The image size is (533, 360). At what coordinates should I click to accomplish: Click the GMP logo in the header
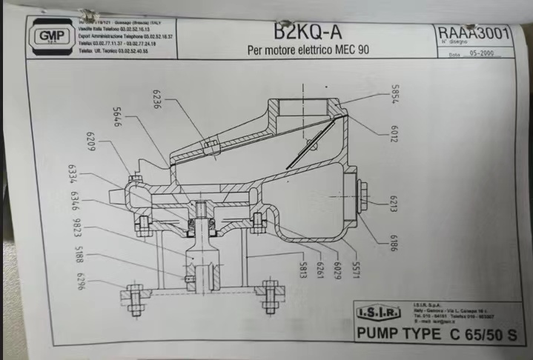click(50, 37)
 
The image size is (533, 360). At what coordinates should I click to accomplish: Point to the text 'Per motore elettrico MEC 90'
click(308, 50)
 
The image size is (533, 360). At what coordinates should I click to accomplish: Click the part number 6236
click(157, 101)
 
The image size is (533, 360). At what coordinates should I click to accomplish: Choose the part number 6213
click(394, 201)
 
